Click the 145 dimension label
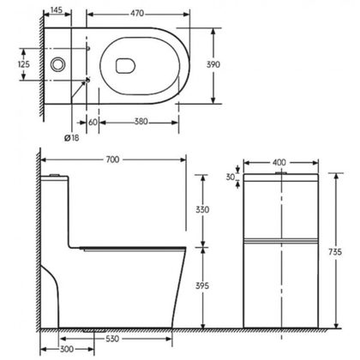click(57, 10)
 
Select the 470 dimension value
click(137, 14)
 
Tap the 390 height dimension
click(213, 64)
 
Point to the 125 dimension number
click(24, 64)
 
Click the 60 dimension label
click(93, 123)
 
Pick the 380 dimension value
click(141, 122)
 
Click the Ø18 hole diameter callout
click(72, 138)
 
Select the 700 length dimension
click(112, 159)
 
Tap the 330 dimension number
click(202, 210)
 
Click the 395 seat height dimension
click(202, 285)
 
